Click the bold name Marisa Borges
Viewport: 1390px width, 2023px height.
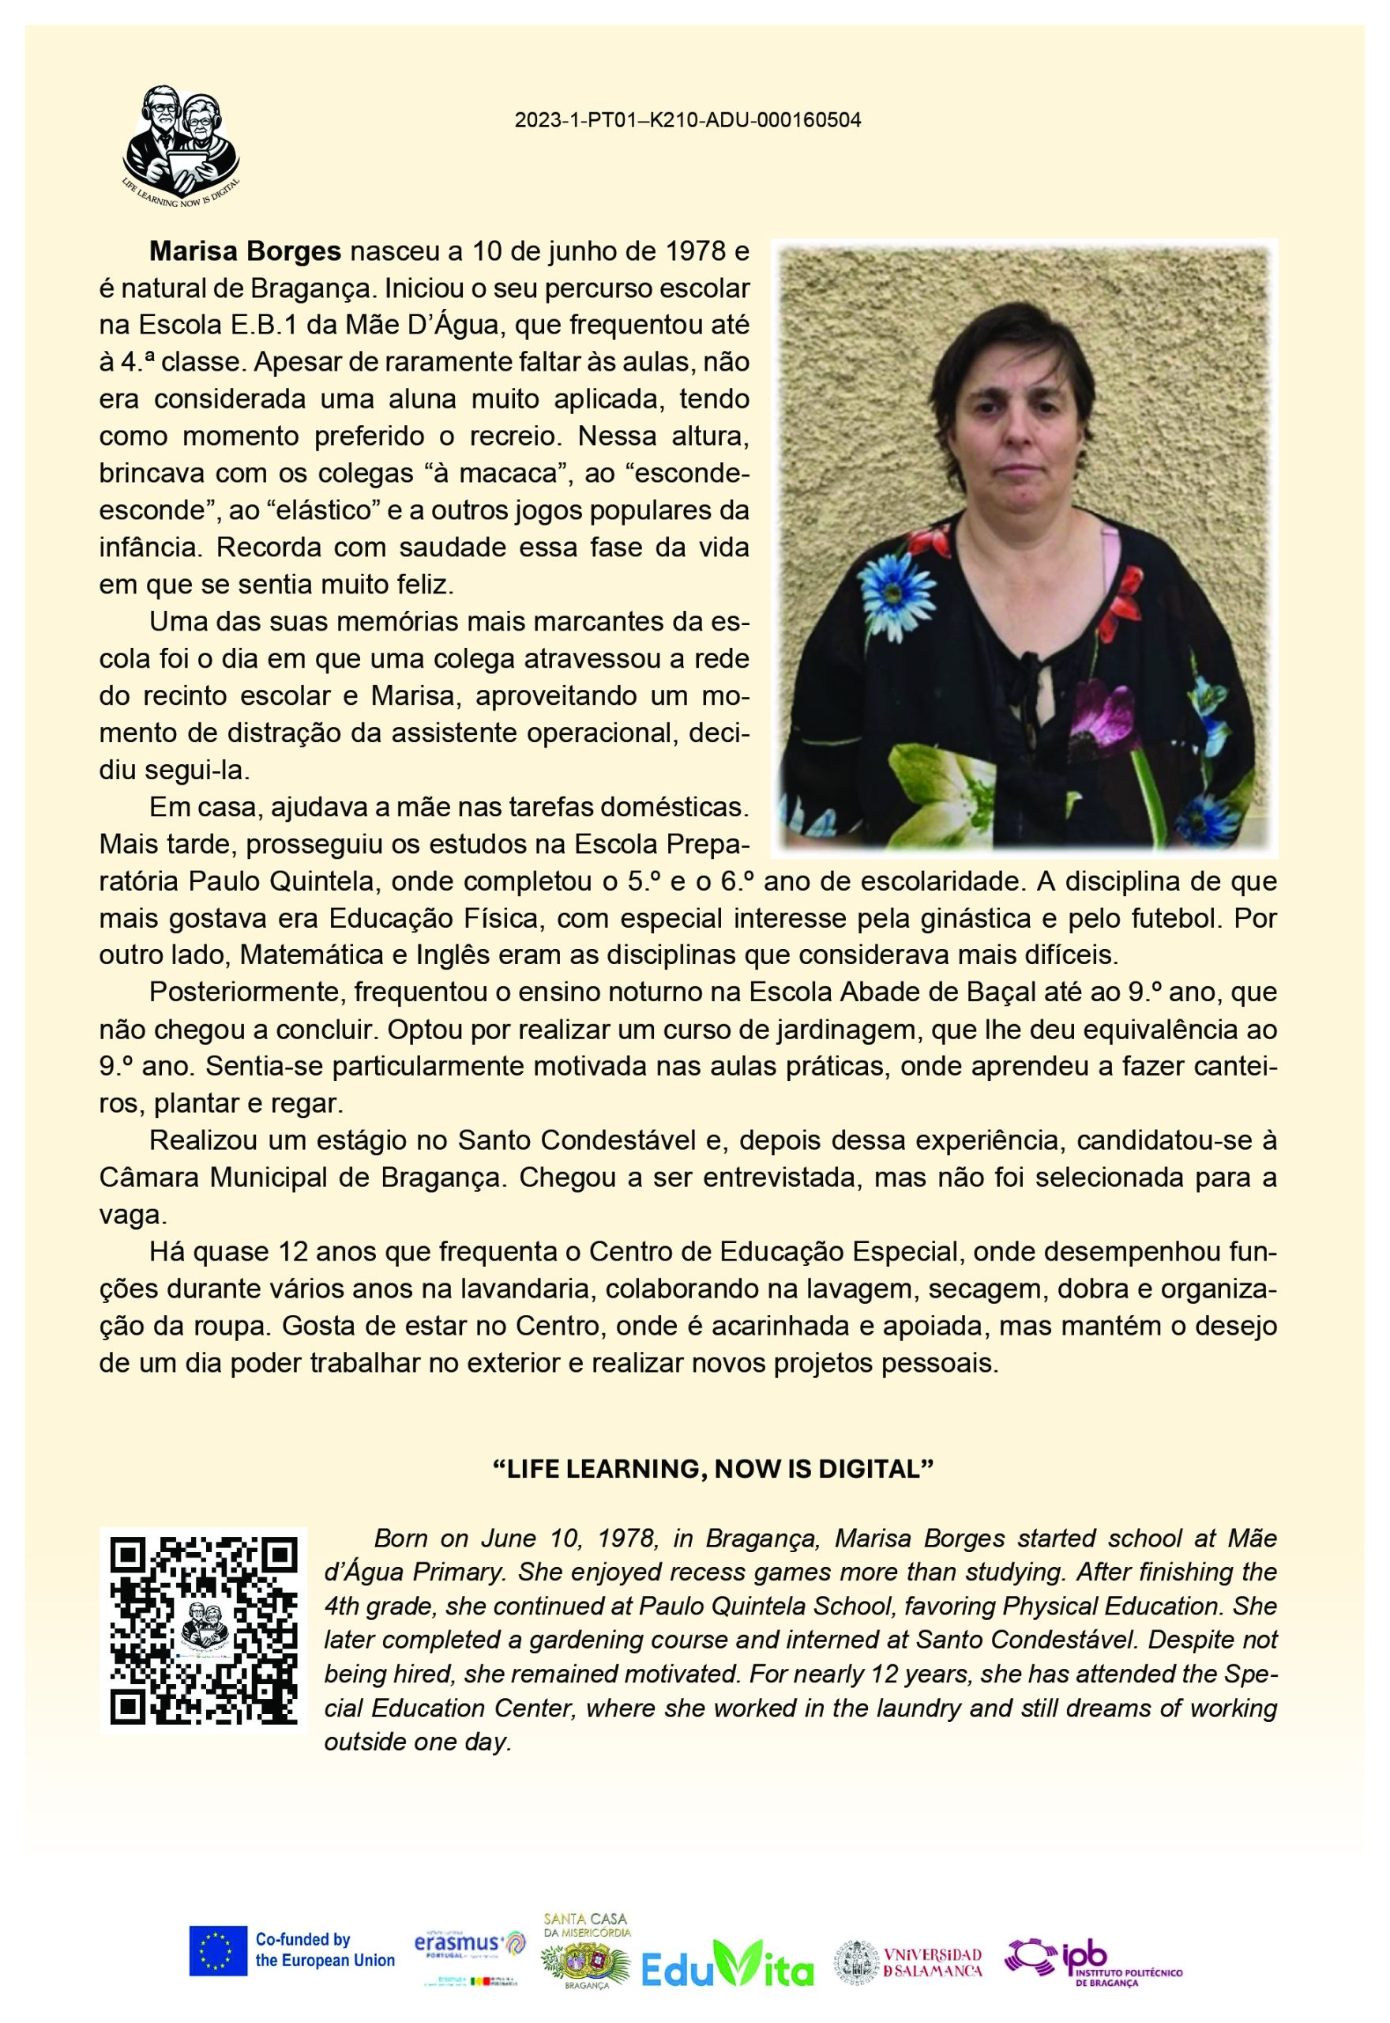click(x=245, y=253)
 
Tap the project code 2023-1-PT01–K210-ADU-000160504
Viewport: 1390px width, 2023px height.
click(x=687, y=121)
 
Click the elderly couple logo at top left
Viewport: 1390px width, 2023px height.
click(x=181, y=144)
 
